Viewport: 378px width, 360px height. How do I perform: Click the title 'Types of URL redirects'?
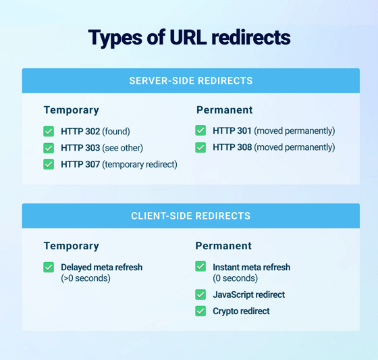pyautogui.click(x=189, y=37)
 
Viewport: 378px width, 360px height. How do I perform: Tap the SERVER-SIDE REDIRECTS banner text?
pyautogui.click(x=190, y=80)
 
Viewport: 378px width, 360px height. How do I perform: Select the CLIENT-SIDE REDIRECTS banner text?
pyautogui.click(x=190, y=216)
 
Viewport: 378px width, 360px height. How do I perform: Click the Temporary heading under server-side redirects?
pyautogui.click(x=71, y=110)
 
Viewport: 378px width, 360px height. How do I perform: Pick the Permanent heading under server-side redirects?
pyautogui.click(x=224, y=110)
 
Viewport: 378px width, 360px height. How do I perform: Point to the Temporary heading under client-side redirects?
pyautogui.click(x=71, y=246)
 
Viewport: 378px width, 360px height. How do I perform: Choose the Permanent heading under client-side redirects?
pyautogui.click(x=223, y=246)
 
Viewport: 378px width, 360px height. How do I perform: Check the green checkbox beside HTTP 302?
pyautogui.click(x=49, y=132)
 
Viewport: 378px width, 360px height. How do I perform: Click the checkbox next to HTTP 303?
pyautogui.click(x=49, y=148)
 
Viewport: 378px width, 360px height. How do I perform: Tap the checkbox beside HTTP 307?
pyautogui.click(x=49, y=164)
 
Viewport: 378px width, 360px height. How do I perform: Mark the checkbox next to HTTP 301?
pyautogui.click(x=200, y=130)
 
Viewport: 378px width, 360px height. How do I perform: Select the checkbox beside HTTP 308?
pyautogui.click(x=200, y=147)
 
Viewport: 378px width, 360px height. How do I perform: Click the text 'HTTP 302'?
pyautogui.click(x=80, y=132)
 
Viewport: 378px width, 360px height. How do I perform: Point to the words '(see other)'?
pyautogui.click(x=123, y=148)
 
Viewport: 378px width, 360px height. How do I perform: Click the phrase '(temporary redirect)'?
pyautogui.click(x=140, y=164)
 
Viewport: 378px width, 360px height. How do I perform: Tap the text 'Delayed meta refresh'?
pyautogui.click(x=101, y=267)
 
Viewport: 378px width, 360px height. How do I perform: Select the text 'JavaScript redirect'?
pyautogui.click(x=248, y=294)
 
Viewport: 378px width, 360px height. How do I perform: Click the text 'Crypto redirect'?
pyautogui.click(x=241, y=311)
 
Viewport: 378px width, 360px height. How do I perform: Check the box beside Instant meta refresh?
pyautogui.click(x=200, y=267)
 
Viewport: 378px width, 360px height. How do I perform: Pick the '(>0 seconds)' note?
pyautogui.click(x=85, y=278)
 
